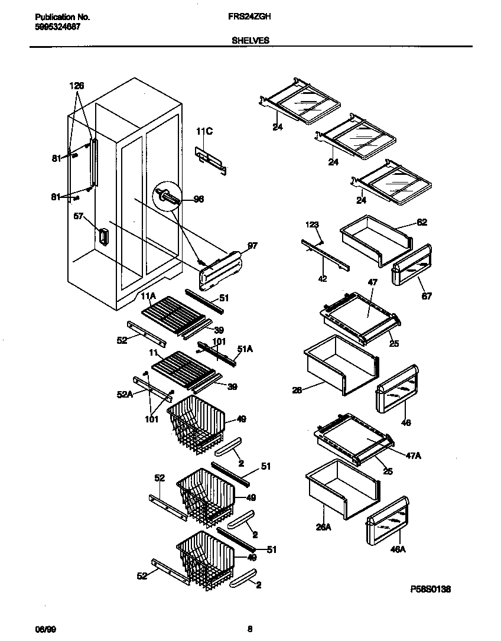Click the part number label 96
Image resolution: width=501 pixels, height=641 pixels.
coord(199,200)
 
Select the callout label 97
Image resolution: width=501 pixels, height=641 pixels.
coord(252,245)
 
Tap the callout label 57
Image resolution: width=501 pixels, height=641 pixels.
coord(79,217)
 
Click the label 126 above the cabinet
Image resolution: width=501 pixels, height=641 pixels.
coord(77,86)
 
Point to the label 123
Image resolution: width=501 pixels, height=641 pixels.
coord(312,224)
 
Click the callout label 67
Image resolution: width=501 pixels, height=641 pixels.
coord(426,296)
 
